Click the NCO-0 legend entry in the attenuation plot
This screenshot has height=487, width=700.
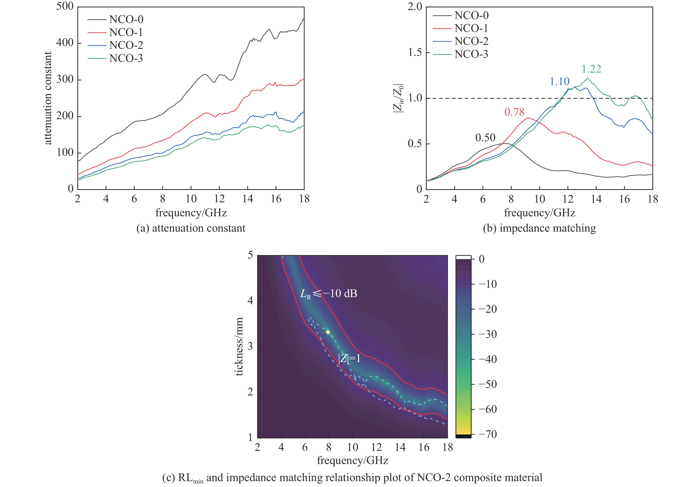coord(126,20)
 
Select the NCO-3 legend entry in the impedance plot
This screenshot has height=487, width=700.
coord(471,54)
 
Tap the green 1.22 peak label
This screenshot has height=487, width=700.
coord(591,69)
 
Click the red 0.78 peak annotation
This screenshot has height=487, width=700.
coord(514,112)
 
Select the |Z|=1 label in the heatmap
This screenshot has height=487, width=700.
coord(349,358)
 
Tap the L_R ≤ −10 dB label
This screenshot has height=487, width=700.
coord(329,294)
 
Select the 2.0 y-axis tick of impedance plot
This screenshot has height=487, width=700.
coord(415,7)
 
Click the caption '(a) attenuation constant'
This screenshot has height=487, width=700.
coord(191,228)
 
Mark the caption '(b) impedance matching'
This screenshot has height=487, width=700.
coord(539,228)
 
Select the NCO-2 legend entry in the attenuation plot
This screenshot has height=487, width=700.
coord(126,45)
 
